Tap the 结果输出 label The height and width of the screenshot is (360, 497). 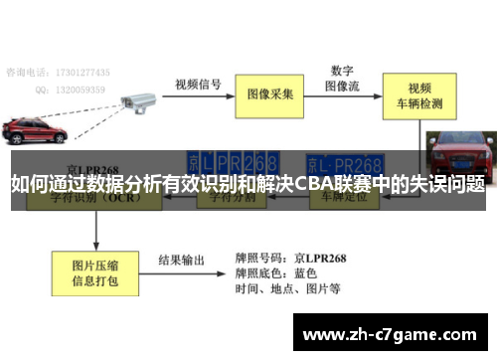pyautogui.click(x=182, y=260)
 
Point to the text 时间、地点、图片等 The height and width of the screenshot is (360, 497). pyautogui.click(x=288, y=289)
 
